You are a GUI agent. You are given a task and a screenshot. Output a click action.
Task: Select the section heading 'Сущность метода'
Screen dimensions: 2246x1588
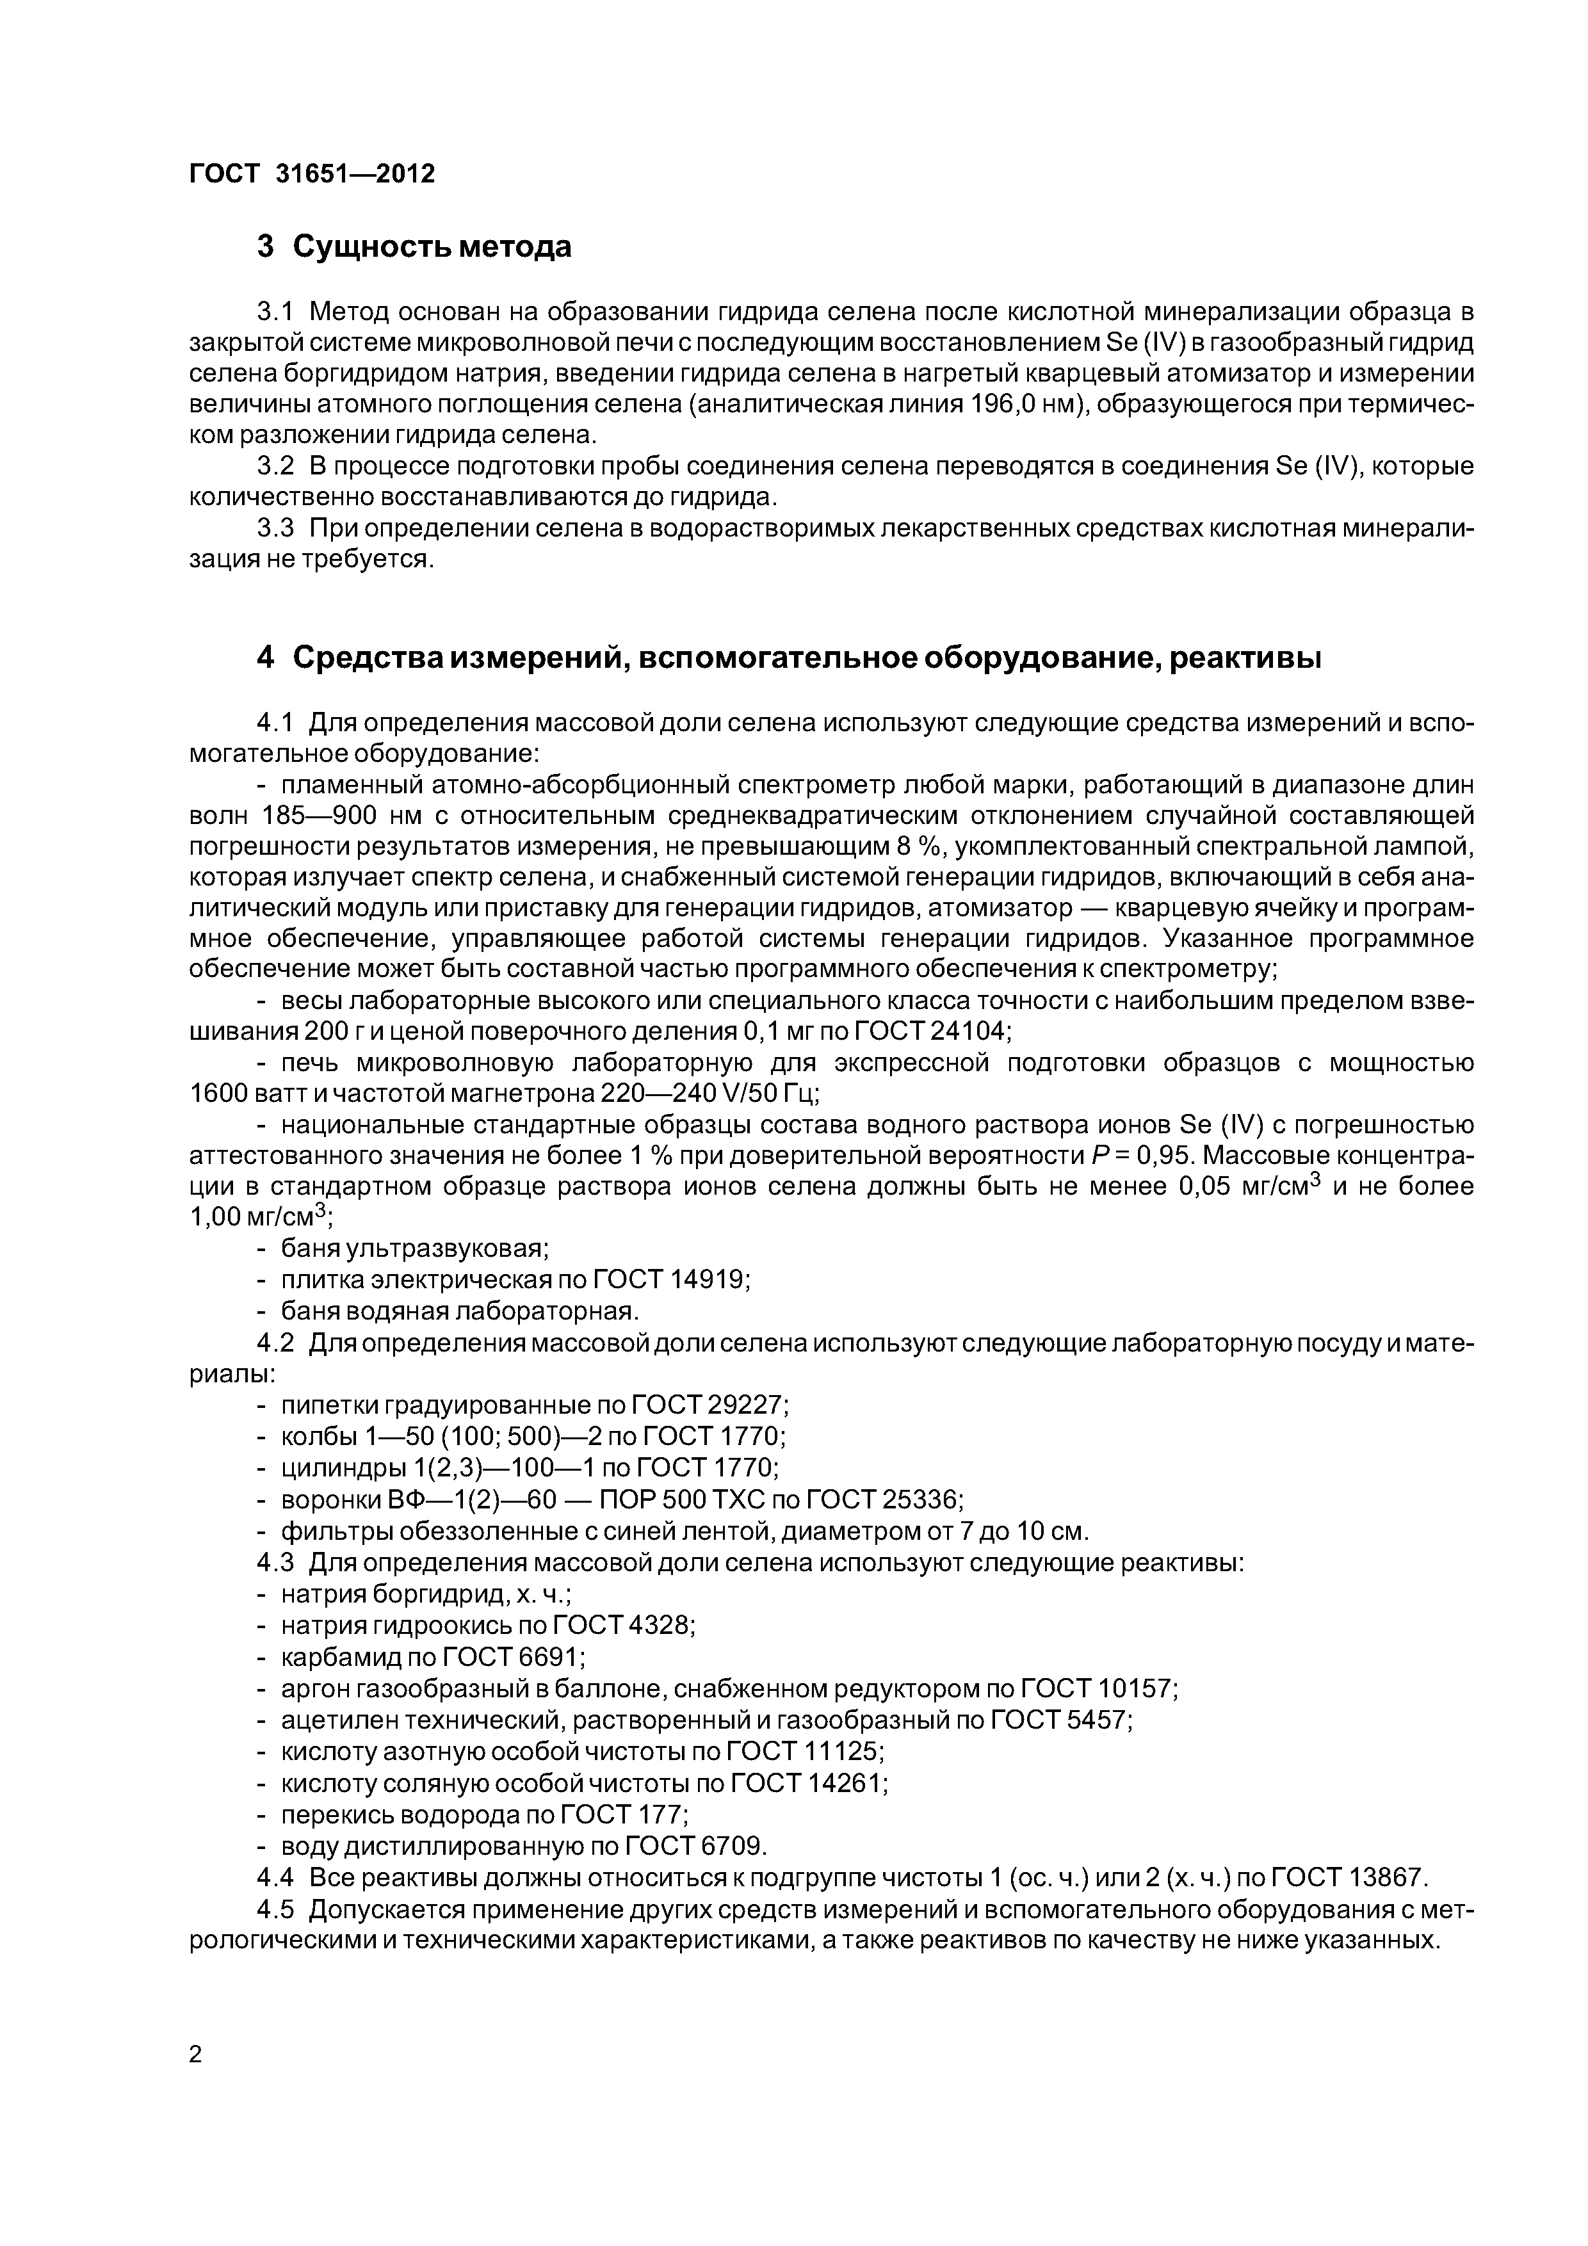[x=432, y=246]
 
